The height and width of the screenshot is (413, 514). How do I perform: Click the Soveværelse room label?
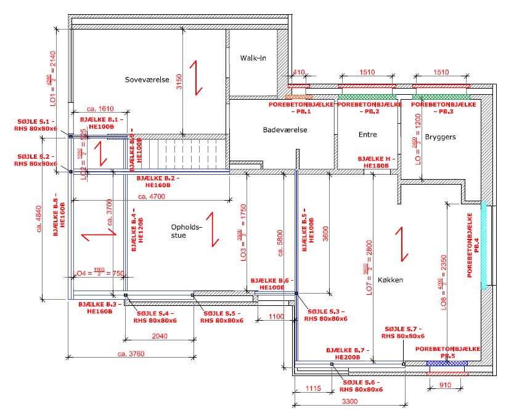coord(143,79)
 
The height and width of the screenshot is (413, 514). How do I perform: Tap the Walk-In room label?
coord(253,58)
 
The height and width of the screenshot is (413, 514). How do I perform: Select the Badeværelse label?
coord(285,130)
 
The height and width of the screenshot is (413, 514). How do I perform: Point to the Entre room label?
coord(367,134)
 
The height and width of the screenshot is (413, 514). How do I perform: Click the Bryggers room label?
coord(440,137)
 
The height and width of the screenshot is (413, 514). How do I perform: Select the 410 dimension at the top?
coord(299,73)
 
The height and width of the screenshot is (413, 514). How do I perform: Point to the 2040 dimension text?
coord(159,336)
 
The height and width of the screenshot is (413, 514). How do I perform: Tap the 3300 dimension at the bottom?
coord(350,401)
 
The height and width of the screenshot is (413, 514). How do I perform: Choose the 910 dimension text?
coord(447,385)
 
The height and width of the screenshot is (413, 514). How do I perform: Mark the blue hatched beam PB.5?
coord(447,364)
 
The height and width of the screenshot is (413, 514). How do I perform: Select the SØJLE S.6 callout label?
coord(362,385)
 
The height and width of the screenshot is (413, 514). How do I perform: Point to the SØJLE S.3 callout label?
coord(326,315)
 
